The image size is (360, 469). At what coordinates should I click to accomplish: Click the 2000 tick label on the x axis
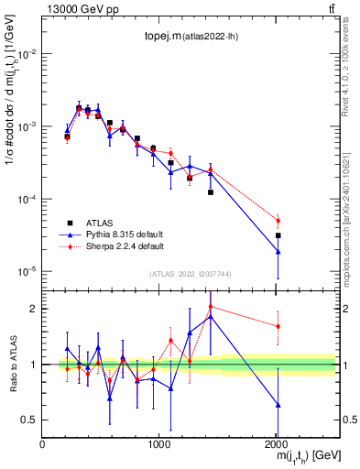(x=277, y=444)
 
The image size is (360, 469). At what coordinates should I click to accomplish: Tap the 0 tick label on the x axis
(x=43, y=444)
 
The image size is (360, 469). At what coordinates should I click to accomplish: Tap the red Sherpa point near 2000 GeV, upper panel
(x=278, y=220)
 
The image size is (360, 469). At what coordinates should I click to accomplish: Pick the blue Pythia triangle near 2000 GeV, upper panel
(x=278, y=251)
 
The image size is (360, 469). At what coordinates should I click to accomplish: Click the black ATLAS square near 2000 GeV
(x=278, y=235)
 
